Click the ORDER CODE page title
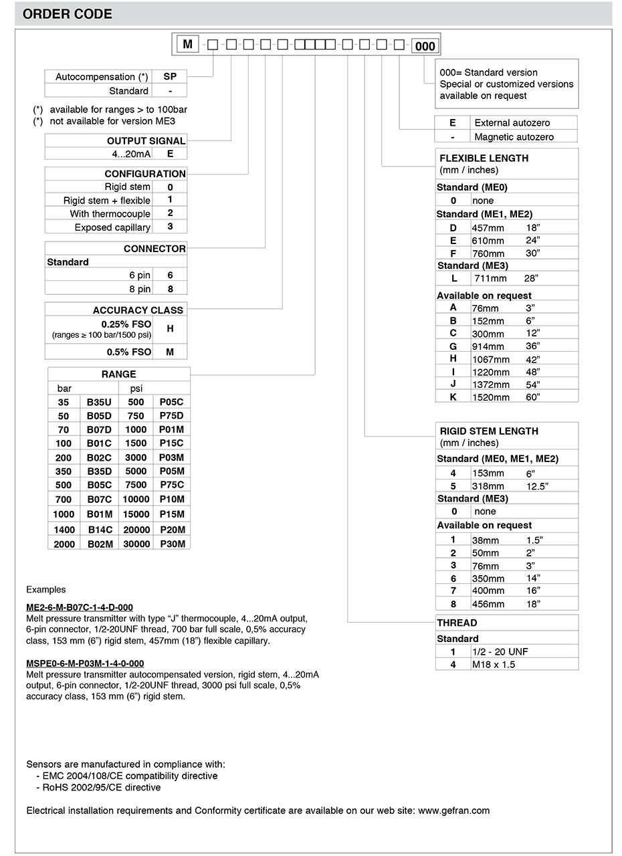click(68, 14)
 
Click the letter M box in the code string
click(188, 45)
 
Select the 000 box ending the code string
click(425, 46)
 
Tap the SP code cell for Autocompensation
click(169, 77)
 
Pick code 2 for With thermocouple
click(170, 213)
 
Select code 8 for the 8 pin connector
click(170, 289)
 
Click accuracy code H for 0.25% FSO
click(170, 329)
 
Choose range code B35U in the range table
click(100, 402)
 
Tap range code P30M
click(172, 544)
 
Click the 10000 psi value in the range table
click(136, 499)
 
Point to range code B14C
click(100, 530)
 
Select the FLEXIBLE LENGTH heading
click(484, 158)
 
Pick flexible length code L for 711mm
click(453, 278)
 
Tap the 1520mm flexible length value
click(490, 397)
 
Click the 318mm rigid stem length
click(488, 486)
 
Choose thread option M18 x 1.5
click(494, 665)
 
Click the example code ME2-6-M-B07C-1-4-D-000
click(80, 608)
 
